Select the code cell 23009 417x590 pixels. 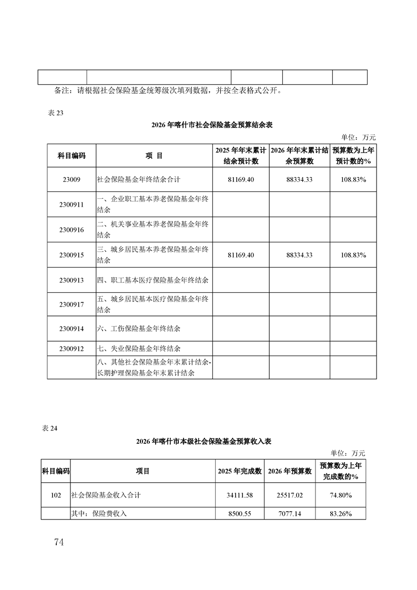(x=72, y=179)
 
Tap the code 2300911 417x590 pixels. (x=72, y=205)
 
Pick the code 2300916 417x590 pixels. (x=72, y=230)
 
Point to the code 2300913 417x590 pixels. (x=72, y=280)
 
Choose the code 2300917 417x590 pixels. (x=72, y=304)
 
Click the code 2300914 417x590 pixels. (x=72, y=329)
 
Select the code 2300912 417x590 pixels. (x=72, y=348)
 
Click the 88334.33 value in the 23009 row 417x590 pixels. (x=300, y=179)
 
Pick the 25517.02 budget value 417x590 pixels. (x=290, y=495)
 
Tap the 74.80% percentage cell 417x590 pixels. (x=341, y=495)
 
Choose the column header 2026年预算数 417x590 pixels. (x=290, y=471)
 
